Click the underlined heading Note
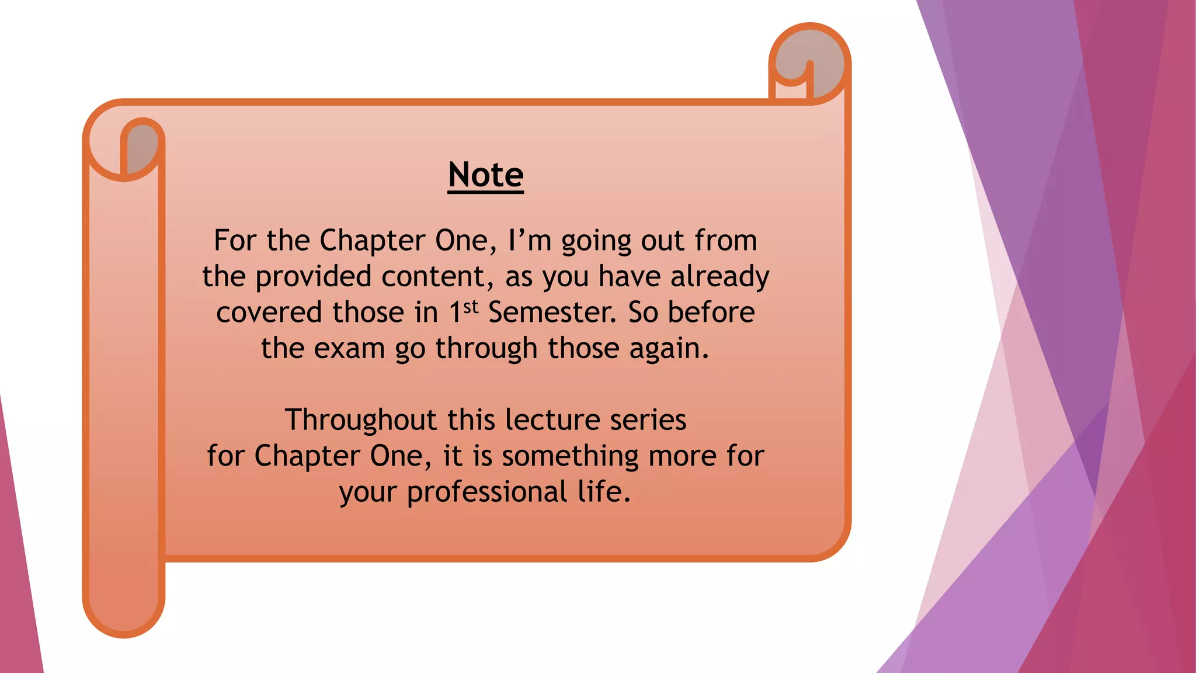pyautogui.click(x=486, y=175)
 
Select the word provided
pyautogui.click(x=313, y=276)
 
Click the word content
pyautogui.click(x=433, y=276)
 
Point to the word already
pyautogui.click(x=719, y=276)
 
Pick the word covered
pyautogui.click(x=269, y=312)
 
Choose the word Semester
pyautogui.click(x=552, y=312)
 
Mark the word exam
pyautogui.click(x=350, y=348)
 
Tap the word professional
pyautogui.click(x=486, y=492)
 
